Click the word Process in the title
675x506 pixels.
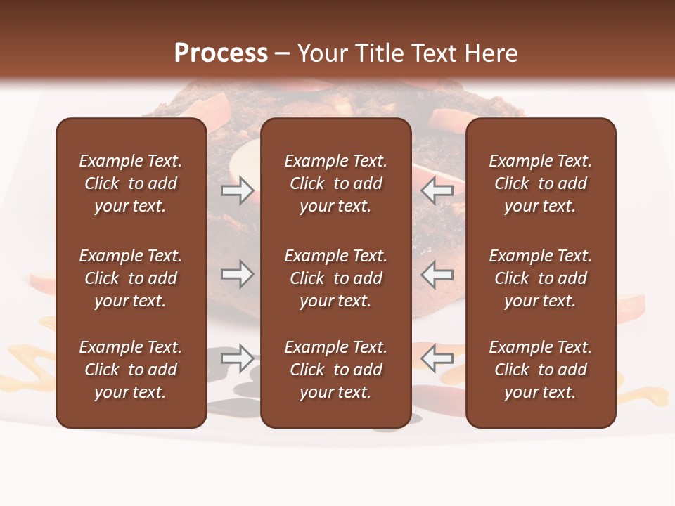[x=221, y=53]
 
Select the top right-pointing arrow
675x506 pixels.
[x=237, y=190]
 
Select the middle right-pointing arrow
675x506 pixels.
[x=237, y=275]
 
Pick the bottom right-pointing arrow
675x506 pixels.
[x=237, y=358]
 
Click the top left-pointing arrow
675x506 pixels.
[x=437, y=190]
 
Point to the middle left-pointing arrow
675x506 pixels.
[x=437, y=275]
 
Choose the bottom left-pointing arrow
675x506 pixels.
[x=437, y=358]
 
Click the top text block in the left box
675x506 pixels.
[x=131, y=183]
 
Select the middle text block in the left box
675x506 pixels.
[x=131, y=278]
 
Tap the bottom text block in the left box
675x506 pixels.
[x=131, y=370]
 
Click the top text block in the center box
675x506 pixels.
[x=336, y=183]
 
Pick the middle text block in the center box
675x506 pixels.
[x=336, y=278]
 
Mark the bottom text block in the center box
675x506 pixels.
[x=336, y=370]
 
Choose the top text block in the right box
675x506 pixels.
[x=541, y=183]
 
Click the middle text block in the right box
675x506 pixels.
[x=541, y=278]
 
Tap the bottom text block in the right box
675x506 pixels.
[x=541, y=370]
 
